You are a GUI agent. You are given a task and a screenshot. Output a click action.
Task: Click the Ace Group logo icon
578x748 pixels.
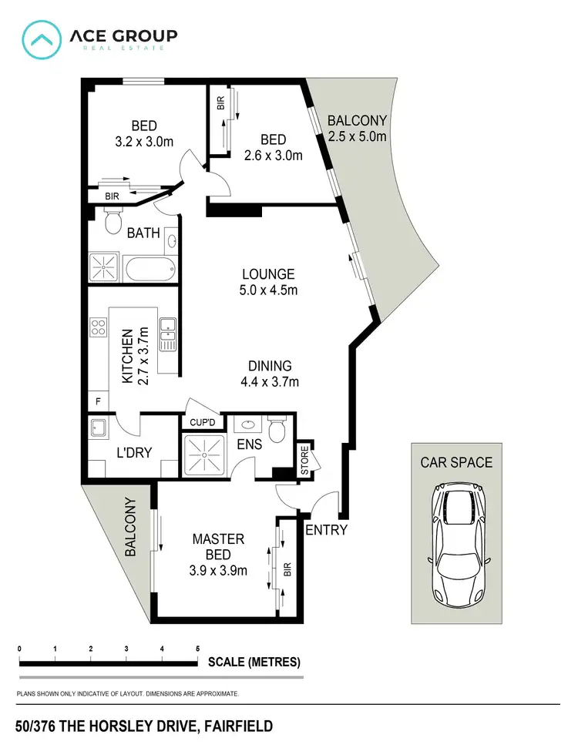(x=43, y=40)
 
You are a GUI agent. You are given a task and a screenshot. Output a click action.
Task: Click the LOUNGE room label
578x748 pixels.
(x=268, y=273)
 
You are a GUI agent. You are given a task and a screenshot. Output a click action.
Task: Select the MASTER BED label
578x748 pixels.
(x=218, y=539)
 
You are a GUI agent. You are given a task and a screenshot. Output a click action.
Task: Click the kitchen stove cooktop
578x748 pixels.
(x=99, y=327)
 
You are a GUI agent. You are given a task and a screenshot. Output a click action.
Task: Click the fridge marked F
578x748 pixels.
(x=97, y=402)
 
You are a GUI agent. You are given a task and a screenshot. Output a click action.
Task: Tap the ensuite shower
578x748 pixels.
(x=204, y=455)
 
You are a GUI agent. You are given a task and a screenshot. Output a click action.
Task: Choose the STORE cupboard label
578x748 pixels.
(x=304, y=461)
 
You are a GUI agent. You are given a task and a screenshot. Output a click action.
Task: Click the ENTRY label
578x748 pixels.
(x=327, y=530)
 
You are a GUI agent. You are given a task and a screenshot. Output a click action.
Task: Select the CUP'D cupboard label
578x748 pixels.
(x=201, y=422)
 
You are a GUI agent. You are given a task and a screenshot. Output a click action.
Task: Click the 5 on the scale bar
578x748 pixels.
(x=198, y=649)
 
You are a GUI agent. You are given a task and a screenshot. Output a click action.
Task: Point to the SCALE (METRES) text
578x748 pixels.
(x=254, y=662)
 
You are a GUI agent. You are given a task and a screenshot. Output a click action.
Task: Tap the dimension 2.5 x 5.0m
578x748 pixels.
(x=357, y=136)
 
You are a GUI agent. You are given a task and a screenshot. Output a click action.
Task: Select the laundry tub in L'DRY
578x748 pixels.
(x=99, y=428)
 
